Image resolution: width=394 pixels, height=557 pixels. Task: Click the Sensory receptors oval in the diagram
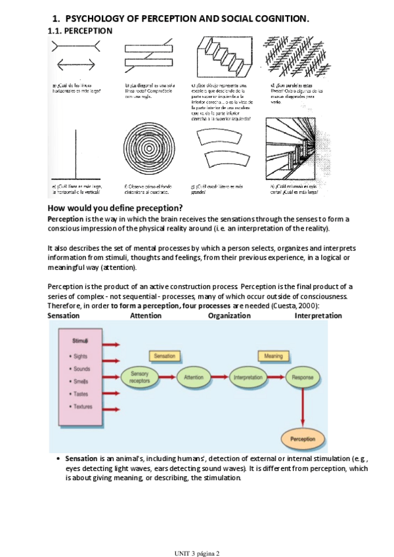pyautogui.click(x=139, y=377)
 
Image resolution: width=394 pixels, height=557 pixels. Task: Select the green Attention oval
pyautogui.click(x=194, y=378)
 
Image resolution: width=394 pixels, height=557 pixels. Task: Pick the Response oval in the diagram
pyautogui.click(x=303, y=378)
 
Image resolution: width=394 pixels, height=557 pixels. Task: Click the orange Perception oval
pyautogui.click(x=303, y=439)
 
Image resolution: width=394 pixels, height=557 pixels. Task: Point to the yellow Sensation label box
pyautogui.click(x=164, y=355)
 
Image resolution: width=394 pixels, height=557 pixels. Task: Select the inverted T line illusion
pyautogui.click(x=77, y=152)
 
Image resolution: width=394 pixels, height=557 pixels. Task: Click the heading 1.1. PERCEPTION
pyautogui.click(x=80, y=31)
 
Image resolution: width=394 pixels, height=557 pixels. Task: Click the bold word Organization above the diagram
pyautogui.click(x=229, y=315)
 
